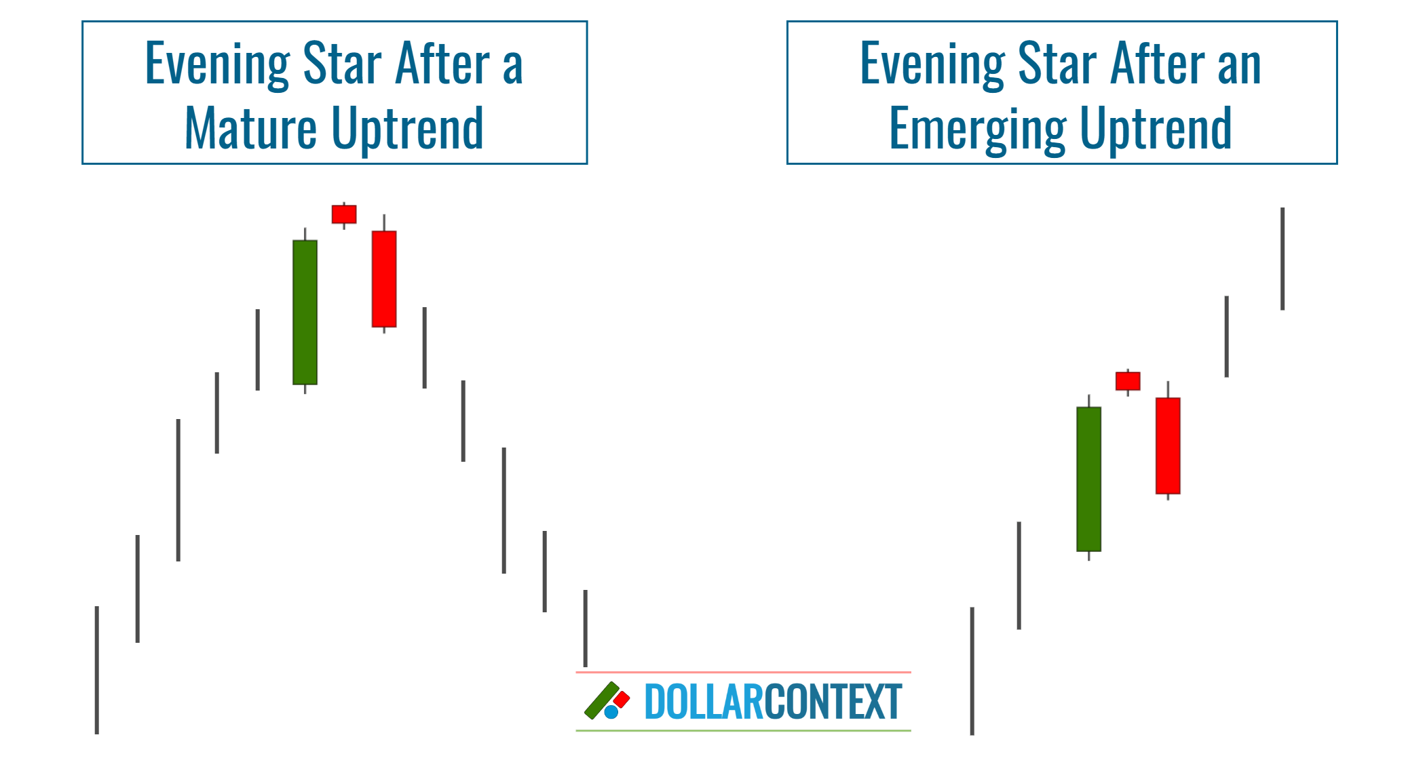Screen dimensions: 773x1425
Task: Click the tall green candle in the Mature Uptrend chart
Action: click(x=305, y=312)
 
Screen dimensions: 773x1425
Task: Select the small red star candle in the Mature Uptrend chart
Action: click(x=344, y=214)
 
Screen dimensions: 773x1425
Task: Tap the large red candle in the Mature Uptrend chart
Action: click(x=384, y=279)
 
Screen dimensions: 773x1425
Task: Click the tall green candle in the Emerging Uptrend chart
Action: click(x=1088, y=479)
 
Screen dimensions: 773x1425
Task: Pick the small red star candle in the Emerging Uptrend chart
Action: click(x=1128, y=381)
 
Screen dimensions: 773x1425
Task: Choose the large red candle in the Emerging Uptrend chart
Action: click(x=1168, y=445)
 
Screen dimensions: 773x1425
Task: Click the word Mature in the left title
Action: click(x=250, y=128)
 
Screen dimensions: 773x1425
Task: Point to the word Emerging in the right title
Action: click(x=976, y=128)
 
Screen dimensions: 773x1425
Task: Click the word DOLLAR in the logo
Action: click(x=704, y=702)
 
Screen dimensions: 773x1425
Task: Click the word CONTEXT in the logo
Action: click(x=833, y=702)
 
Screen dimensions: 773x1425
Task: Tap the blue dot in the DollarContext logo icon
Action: click(x=611, y=712)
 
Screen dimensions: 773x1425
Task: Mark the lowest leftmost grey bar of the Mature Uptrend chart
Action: click(x=97, y=670)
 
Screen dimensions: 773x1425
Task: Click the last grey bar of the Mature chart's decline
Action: click(x=585, y=628)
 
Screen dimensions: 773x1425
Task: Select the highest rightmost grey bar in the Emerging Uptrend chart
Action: click(x=1282, y=259)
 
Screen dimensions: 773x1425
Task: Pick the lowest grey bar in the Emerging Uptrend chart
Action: click(x=972, y=671)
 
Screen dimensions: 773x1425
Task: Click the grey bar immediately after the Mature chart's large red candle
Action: click(x=425, y=348)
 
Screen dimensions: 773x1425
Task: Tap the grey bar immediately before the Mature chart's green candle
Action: click(x=258, y=350)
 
